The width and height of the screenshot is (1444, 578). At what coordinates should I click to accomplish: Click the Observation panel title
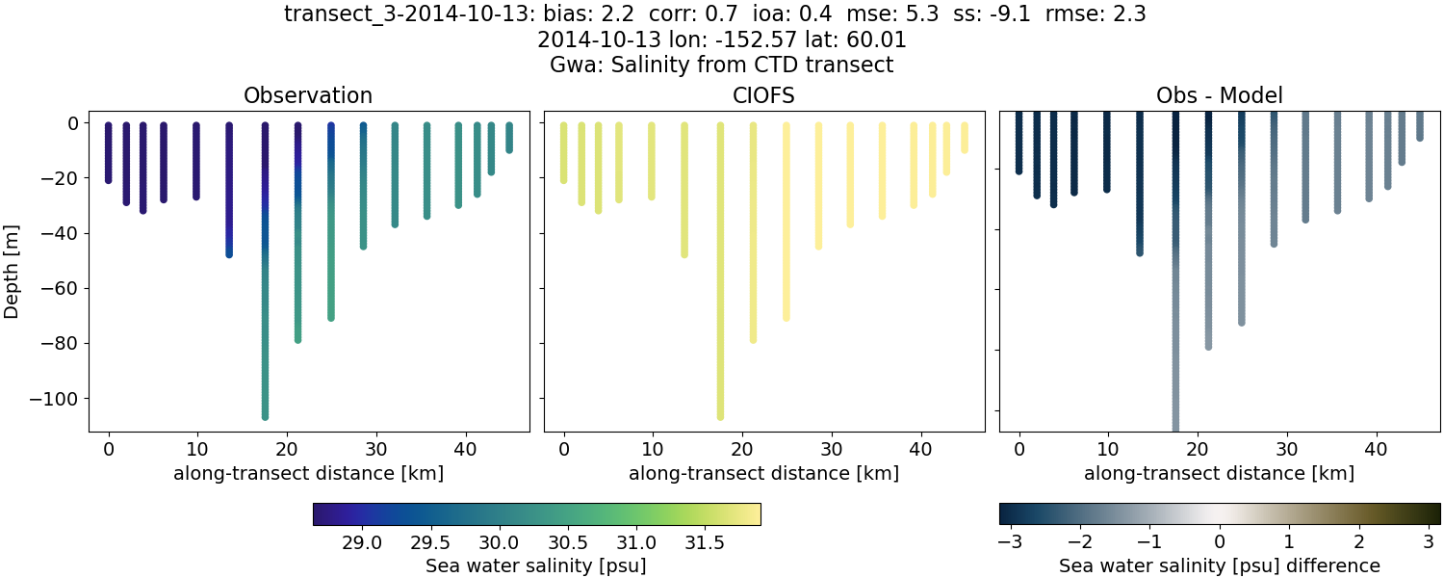tap(308, 95)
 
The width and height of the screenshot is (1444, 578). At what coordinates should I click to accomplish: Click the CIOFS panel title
tap(763, 95)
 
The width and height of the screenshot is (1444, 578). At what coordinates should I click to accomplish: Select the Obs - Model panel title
tap(1219, 95)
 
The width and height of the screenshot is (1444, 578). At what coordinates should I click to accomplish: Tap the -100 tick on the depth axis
tap(60, 398)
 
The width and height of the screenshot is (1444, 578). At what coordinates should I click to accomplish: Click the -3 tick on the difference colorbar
tap(1009, 542)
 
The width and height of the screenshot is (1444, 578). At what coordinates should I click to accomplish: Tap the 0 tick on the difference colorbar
tap(1220, 542)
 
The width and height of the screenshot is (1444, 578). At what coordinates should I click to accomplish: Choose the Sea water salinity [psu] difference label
tap(1219, 565)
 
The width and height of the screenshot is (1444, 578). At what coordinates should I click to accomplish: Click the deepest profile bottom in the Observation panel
tap(265, 416)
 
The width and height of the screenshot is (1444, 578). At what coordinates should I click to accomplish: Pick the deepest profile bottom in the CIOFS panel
tap(720, 416)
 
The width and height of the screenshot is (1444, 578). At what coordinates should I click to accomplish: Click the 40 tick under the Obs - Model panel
tap(1376, 449)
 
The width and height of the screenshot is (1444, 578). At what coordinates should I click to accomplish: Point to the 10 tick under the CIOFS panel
tap(653, 449)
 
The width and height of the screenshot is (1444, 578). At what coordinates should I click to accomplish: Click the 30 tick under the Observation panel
tap(375, 449)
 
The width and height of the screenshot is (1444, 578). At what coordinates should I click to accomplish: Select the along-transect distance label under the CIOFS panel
tap(763, 473)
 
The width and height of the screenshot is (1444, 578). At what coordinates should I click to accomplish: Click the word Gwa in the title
tap(570, 66)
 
